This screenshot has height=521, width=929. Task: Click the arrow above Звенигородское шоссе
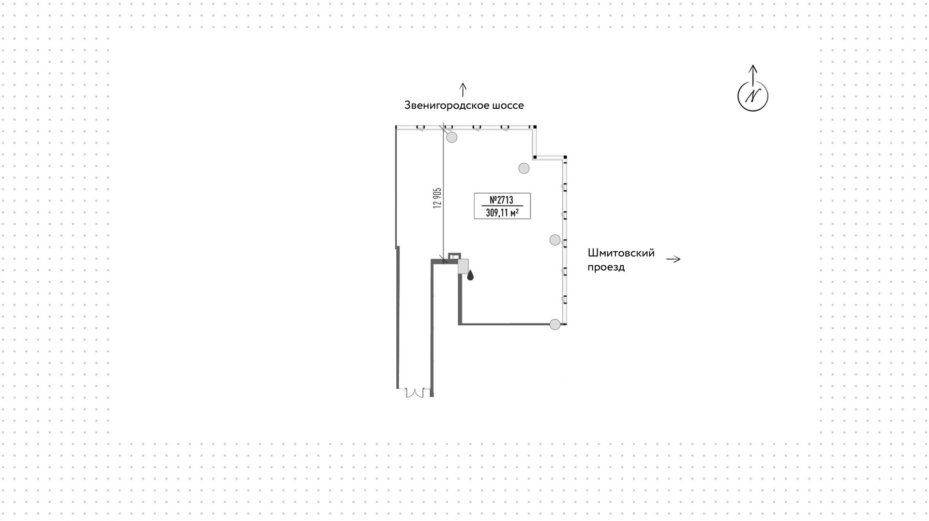[x=463, y=89]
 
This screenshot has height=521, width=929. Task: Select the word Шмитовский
[x=621, y=253]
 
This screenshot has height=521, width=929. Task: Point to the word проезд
[x=606, y=267]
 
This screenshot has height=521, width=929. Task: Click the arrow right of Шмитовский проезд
[x=673, y=259]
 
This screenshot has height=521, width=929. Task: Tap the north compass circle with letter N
[x=752, y=96]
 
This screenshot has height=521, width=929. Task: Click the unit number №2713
[x=501, y=200]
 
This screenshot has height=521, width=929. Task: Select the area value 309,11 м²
[x=502, y=212]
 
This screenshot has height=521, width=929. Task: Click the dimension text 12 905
[x=438, y=197]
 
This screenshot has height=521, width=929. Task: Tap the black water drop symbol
[x=470, y=275]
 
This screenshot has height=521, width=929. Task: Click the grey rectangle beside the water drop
[x=463, y=267]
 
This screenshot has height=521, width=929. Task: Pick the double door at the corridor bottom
[x=415, y=392]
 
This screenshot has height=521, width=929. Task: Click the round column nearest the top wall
[x=452, y=138]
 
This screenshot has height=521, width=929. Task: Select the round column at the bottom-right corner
[x=555, y=324]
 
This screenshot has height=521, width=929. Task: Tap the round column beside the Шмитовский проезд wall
[x=555, y=240]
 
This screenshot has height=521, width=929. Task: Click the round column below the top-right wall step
[x=524, y=168]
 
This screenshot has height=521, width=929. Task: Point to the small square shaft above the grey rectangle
[x=454, y=257]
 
